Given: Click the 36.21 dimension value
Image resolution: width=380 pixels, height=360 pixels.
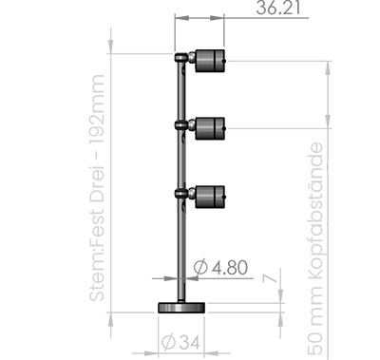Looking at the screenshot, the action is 278,8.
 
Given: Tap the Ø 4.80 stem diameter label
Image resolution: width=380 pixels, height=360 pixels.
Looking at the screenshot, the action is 220,268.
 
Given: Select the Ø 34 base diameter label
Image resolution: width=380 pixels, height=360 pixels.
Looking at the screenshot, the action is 181,342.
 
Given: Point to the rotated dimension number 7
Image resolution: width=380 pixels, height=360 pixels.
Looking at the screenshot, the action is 270,278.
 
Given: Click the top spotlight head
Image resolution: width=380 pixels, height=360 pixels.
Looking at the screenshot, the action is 210,61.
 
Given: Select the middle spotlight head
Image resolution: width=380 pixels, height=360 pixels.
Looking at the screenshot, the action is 210,128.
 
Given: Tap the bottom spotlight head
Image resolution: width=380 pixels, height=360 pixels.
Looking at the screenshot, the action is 210,197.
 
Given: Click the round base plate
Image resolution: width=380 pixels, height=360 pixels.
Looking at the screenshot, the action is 181,308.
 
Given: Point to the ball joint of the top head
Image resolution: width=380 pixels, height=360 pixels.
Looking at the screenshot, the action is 192,58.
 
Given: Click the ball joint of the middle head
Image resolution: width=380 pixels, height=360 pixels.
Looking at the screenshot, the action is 192,125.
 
